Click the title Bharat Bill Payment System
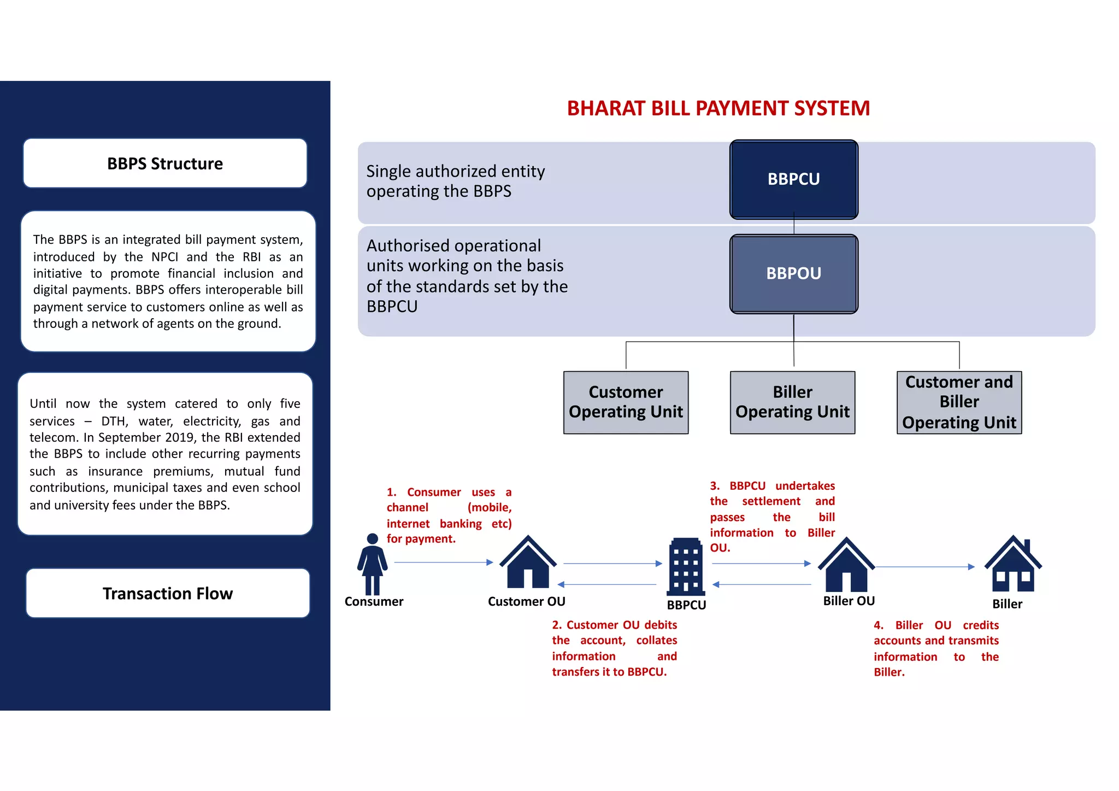tap(718, 108)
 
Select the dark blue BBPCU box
tap(793, 179)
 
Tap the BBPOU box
tap(793, 273)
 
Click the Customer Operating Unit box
tap(626, 402)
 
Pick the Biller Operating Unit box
tap(792, 402)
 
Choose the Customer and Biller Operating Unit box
tap(959, 402)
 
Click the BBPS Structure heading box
tap(165, 163)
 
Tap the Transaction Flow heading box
tap(168, 593)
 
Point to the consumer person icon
tap(373, 564)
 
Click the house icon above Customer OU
tap(527, 563)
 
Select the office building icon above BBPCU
tap(686, 566)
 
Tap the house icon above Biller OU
tap(846, 565)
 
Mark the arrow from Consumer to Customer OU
tap(443, 562)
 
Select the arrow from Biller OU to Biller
tap(925, 567)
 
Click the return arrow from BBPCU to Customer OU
tap(606, 584)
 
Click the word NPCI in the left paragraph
tap(165, 257)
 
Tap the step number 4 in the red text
tap(878, 625)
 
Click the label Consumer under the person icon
tap(374, 601)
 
